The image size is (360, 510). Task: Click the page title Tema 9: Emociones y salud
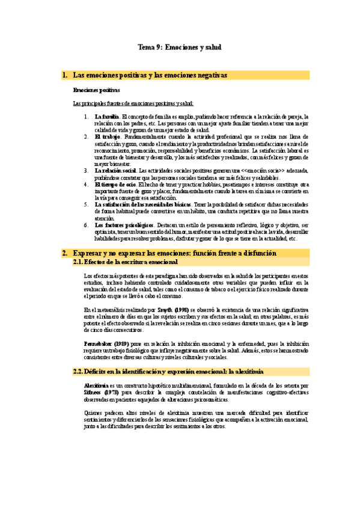point(180,46)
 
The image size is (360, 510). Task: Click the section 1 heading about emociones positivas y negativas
point(150,75)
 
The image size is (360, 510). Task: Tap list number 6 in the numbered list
point(86,225)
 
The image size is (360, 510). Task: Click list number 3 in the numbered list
point(86,171)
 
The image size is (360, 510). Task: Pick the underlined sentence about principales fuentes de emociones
point(133,103)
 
